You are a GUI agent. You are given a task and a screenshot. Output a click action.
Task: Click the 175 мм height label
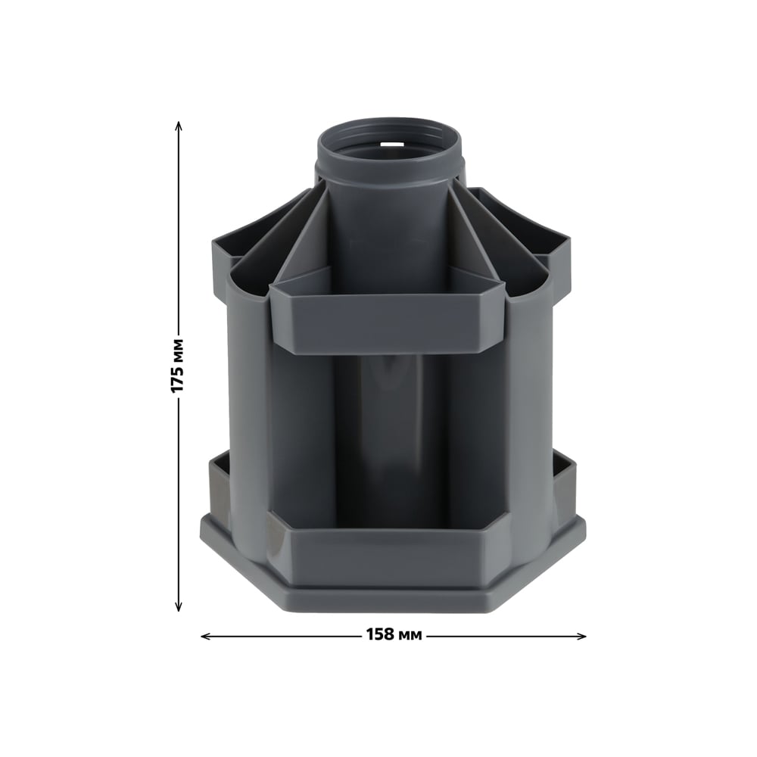(x=178, y=366)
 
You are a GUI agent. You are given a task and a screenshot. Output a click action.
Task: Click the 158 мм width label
(x=394, y=634)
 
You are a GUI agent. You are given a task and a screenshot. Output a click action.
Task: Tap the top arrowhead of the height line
(x=178, y=126)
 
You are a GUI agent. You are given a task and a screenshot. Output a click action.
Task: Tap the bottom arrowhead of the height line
(x=178, y=606)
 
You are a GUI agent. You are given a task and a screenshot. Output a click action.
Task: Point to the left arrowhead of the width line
(x=206, y=637)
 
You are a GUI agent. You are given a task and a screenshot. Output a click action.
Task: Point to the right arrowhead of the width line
(x=581, y=637)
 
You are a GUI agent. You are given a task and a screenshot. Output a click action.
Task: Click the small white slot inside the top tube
(x=391, y=143)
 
